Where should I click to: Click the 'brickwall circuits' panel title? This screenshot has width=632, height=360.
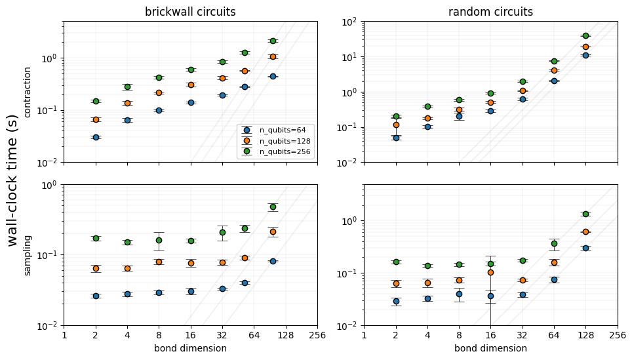tap(190, 12)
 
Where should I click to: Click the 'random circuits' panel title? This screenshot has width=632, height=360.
tap(490, 12)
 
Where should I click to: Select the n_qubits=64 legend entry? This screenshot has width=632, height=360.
tap(276, 130)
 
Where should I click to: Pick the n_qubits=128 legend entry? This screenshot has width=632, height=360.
tap(276, 141)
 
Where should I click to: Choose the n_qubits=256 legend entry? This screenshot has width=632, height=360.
tap(276, 151)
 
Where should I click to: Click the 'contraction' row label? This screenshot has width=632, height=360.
tap(28, 92)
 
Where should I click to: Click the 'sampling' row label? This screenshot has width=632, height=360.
tap(28, 256)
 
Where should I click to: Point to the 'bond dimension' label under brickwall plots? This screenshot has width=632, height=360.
tap(190, 348)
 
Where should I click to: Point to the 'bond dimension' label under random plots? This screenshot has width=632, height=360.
tap(490, 348)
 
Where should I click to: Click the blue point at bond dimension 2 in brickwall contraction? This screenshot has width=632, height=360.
tap(96, 138)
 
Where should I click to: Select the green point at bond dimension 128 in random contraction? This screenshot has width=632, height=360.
tap(585, 36)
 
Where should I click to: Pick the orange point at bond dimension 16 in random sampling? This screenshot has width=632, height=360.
tap(490, 273)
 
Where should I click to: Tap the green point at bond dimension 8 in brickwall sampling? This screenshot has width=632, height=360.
tap(159, 240)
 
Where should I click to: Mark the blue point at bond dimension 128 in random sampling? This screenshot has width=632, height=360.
tap(585, 249)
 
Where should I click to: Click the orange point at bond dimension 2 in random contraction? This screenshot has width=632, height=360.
tap(396, 125)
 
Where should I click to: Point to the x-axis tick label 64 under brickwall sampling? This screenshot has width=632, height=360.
tap(254, 335)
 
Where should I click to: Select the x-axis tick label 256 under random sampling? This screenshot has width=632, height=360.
tap(618, 335)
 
